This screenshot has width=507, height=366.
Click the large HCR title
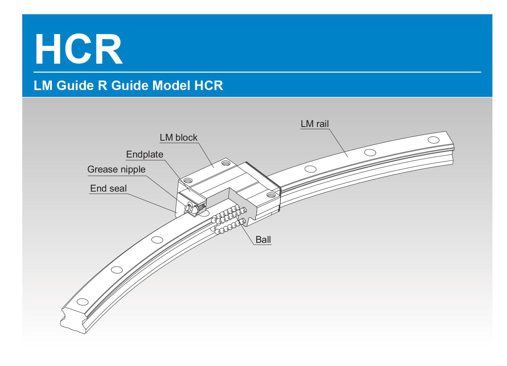(79, 49)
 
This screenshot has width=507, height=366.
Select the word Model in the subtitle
(170, 86)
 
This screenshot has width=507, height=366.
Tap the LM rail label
(314, 124)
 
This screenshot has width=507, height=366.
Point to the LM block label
(178, 137)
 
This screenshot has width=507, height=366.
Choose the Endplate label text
(144, 154)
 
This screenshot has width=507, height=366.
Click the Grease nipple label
(116, 169)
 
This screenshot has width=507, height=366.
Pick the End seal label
(108, 188)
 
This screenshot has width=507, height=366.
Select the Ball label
(263, 240)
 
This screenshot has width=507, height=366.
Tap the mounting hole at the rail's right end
(433, 140)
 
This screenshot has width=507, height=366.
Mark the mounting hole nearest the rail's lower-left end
(82, 301)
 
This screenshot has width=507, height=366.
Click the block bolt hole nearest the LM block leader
(226, 163)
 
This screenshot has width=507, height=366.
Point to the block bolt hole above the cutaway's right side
(271, 194)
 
